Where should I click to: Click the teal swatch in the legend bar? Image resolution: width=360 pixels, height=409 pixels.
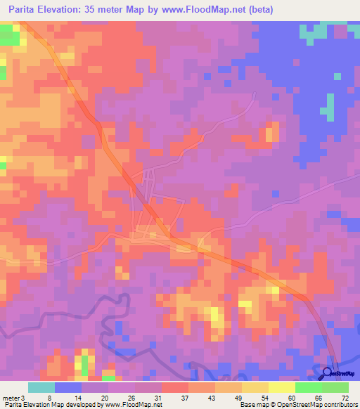coord(41,387)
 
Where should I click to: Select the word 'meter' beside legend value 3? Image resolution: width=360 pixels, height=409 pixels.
coord(13,397)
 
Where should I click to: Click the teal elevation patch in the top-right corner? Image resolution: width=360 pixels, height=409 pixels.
coord(314,32)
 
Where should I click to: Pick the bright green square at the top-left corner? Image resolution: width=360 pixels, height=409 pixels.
coord(8,37)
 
